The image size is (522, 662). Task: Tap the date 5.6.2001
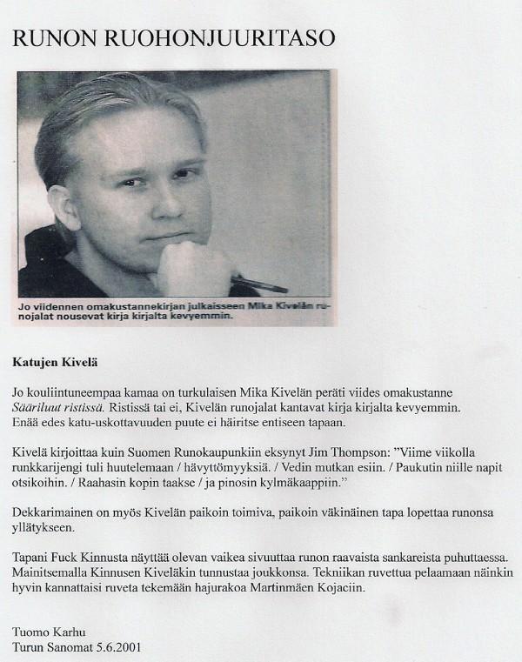(118, 647)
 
